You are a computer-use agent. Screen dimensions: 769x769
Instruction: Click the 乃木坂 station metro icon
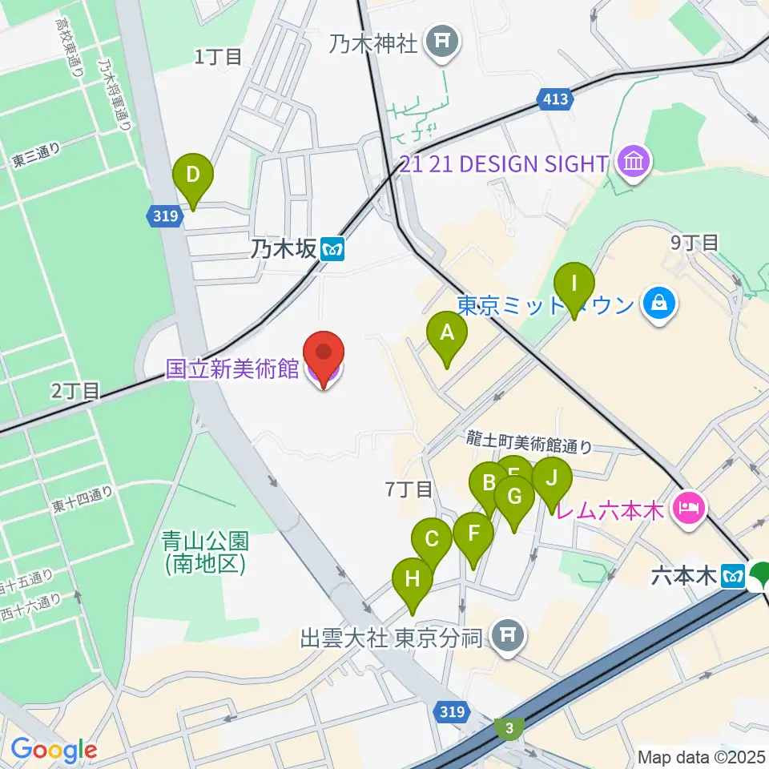332,250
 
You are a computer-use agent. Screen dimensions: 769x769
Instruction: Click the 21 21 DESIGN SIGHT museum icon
635,163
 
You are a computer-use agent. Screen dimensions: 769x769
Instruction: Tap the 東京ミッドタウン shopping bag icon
658,304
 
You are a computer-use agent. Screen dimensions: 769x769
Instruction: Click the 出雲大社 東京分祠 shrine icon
507,638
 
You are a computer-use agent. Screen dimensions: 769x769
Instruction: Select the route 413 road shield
555,99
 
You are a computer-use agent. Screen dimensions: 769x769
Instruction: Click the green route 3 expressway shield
509,727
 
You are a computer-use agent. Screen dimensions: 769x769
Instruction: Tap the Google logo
54,750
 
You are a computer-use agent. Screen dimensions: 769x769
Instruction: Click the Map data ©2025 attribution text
701,756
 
